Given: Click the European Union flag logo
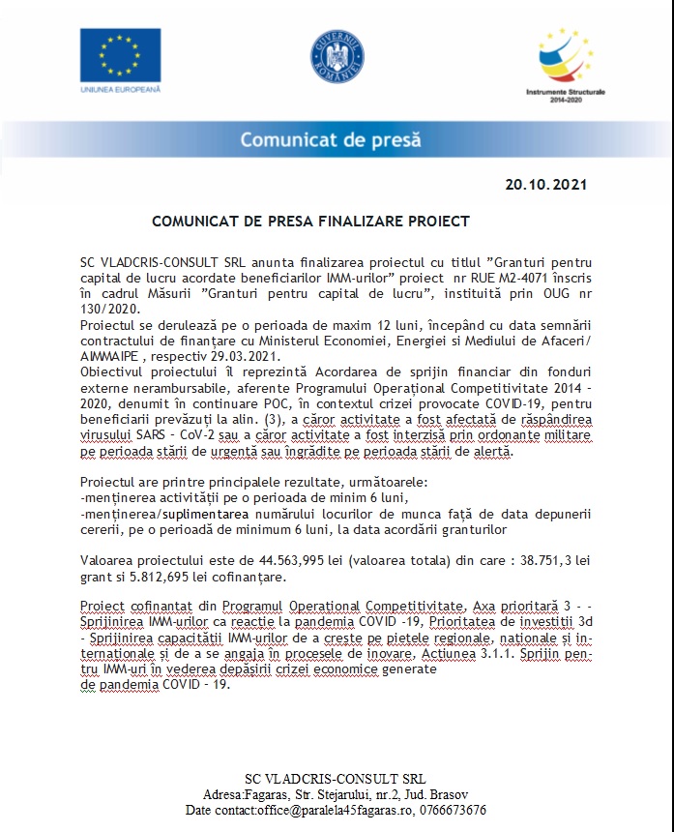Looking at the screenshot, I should coord(121,54).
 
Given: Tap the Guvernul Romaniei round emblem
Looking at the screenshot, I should coord(337,56).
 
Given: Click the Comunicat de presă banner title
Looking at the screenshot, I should coord(331,139).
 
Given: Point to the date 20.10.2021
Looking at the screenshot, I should coord(545,184).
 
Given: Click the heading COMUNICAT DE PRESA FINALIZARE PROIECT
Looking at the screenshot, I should coord(310,222).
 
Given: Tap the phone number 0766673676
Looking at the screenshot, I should coord(453,810).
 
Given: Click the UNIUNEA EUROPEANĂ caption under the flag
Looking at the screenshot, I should coord(121,89).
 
